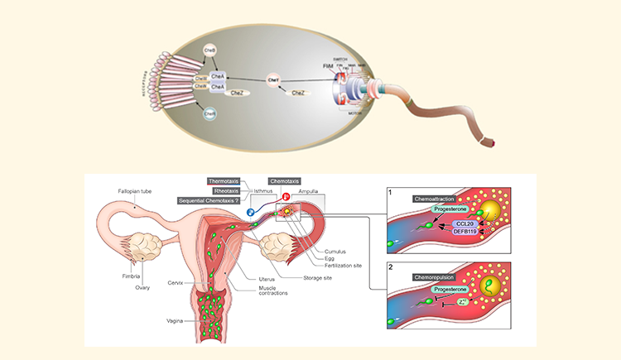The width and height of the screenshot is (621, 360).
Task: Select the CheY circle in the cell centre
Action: (272, 79)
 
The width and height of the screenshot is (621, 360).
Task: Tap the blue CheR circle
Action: (209, 113)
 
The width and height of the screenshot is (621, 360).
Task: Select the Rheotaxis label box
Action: (226, 190)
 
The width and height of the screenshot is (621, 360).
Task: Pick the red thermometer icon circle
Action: (286, 197)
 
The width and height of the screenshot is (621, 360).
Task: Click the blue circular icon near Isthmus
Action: (249, 212)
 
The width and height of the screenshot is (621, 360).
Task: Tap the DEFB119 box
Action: (465, 233)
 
